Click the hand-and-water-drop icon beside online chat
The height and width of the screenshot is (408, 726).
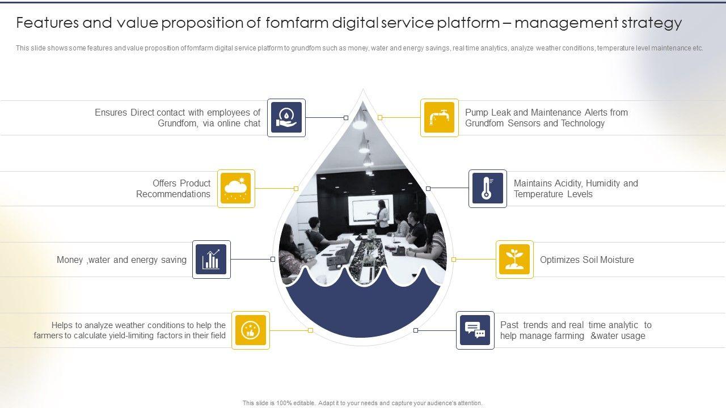pyautogui.click(x=286, y=118)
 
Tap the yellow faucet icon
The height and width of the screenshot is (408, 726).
pyautogui.click(x=439, y=118)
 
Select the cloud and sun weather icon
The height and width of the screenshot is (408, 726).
pyautogui.click(x=236, y=189)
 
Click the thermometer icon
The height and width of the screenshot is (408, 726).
pyautogui.click(x=487, y=189)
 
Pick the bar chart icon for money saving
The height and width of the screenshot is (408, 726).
pyautogui.click(x=212, y=260)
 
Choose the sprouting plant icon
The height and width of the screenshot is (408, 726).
pyautogui.click(x=514, y=260)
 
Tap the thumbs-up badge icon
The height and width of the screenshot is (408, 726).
pyautogui.click(x=250, y=330)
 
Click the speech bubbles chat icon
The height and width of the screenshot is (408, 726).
pyautogui.click(x=475, y=330)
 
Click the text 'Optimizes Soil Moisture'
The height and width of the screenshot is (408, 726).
pyautogui.click(x=586, y=260)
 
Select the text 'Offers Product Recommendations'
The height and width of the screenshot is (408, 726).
pyautogui.click(x=174, y=189)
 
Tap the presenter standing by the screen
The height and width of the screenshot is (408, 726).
pyautogui.click(x=383, y=215)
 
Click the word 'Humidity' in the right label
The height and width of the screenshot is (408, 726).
pyautogui.click(x=603, y=184)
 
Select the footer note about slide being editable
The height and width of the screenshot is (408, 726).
pyautogui.click(x=362, y=403)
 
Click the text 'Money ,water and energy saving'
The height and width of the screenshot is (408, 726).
pyautogui.click(x=121, y=260)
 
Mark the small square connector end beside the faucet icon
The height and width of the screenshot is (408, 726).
pyautogui.click(x=380, y=118)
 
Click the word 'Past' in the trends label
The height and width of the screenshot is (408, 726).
pyautogui.click(x=509, y=325)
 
